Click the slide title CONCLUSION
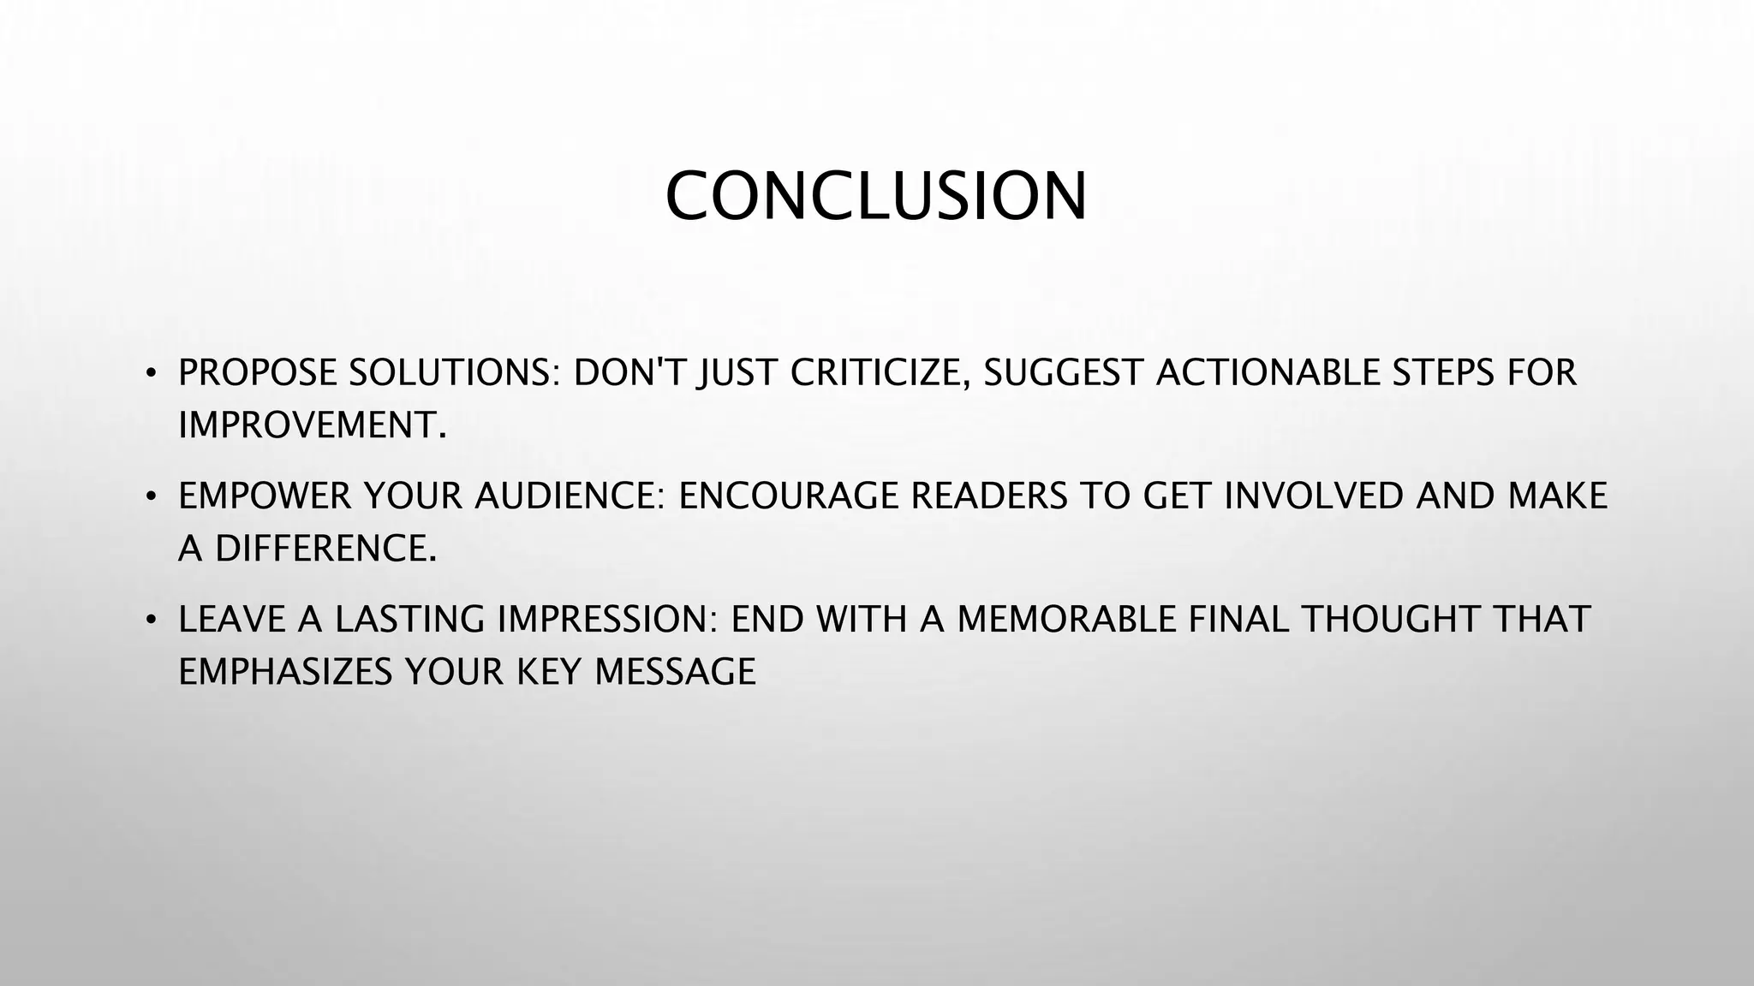tap(875, 196)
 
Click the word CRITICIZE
tap(880, 373)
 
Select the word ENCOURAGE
tap(787, 496)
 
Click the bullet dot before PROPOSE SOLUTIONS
tap(151, 373)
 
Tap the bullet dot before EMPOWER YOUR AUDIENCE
tap(151, 496)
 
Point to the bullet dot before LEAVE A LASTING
tap(151, 620)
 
